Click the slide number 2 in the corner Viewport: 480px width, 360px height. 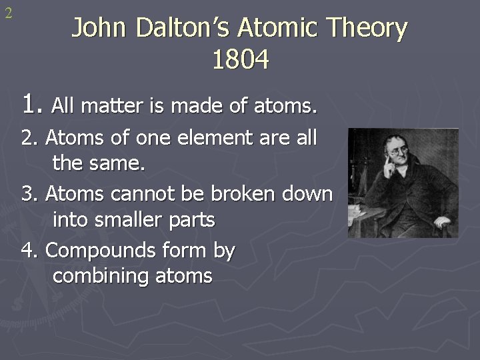click(x=9, y=13)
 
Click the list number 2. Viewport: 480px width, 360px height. click(x=29, y=139)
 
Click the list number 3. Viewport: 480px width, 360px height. click(x=29, y=194)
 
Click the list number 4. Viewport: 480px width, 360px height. click(x=29, y=251)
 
